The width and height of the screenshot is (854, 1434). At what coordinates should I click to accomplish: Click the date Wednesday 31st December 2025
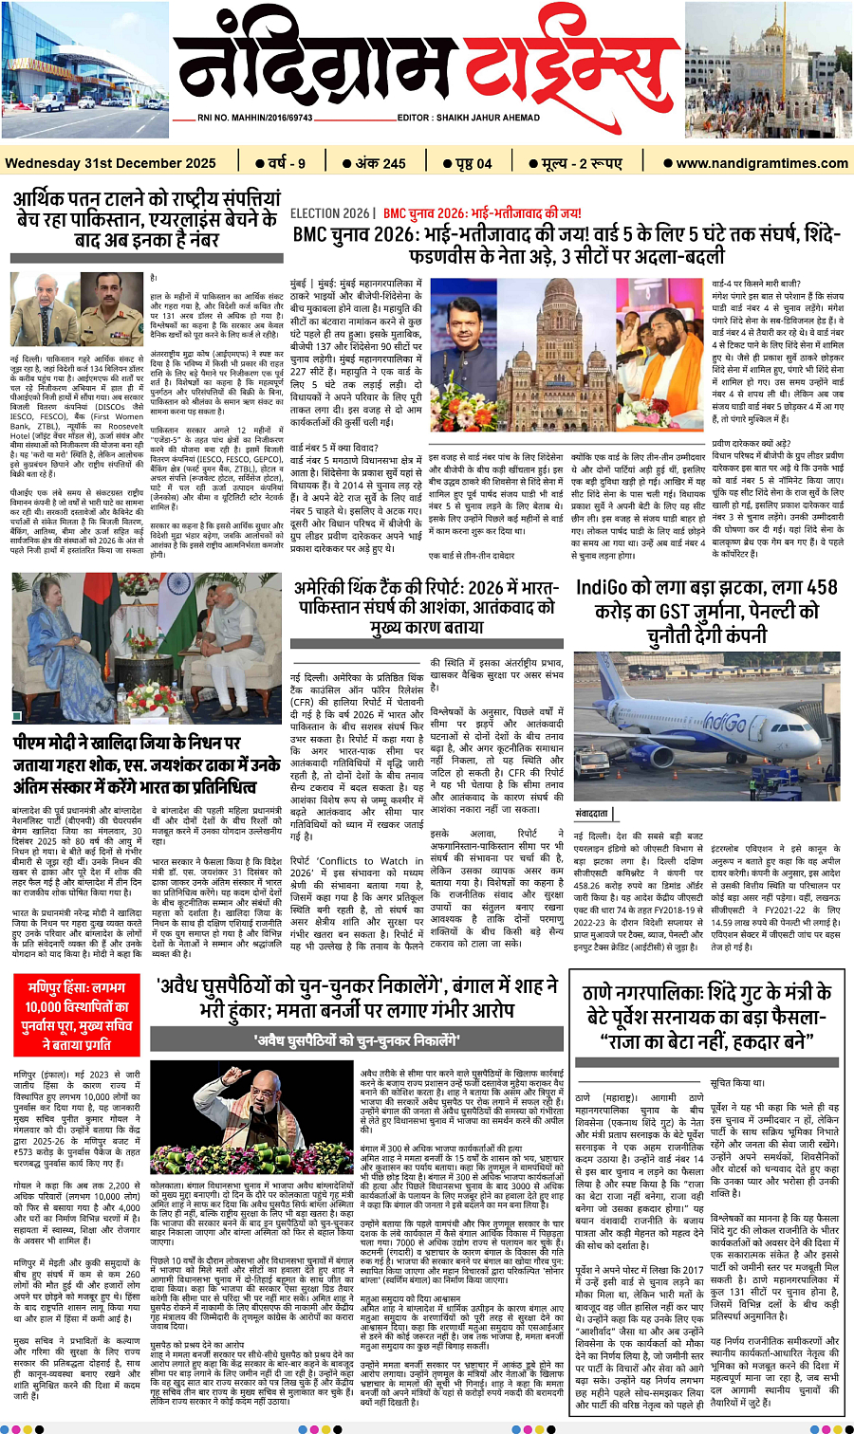tap(110, 163)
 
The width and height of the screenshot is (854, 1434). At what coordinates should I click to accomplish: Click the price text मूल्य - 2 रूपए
tap(582, 163)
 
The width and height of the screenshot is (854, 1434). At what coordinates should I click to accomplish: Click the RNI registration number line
tap(255, 118)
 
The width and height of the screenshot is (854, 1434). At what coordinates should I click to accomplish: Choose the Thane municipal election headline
tap(707, 1016)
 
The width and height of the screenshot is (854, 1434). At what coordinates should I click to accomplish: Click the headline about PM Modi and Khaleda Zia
tap(147, 763)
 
